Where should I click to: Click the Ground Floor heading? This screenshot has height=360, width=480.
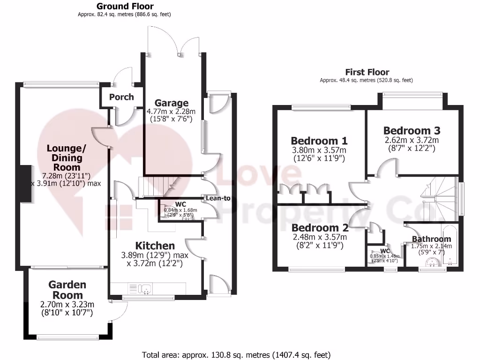[125, 6]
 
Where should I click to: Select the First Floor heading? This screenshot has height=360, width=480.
[367, 72]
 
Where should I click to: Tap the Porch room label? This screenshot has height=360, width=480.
[121, 97]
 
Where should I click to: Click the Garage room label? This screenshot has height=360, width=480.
[172, 103]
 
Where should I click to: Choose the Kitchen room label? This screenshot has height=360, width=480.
[155, 246]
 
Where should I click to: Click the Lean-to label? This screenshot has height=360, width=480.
[218, 198]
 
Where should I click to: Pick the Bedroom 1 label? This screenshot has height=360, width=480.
[319, 141]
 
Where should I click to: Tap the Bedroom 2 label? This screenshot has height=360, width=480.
[319, 228]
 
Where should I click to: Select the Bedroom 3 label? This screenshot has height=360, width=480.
[412, 130]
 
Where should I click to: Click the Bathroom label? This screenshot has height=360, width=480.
[431, 239]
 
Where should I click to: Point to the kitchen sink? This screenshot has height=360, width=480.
[145, 288]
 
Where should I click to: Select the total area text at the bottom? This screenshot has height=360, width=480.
[236, 354]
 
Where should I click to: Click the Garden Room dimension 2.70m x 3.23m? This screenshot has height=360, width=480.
[67, 304]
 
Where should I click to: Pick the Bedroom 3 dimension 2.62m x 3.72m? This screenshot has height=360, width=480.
[412, 140]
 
